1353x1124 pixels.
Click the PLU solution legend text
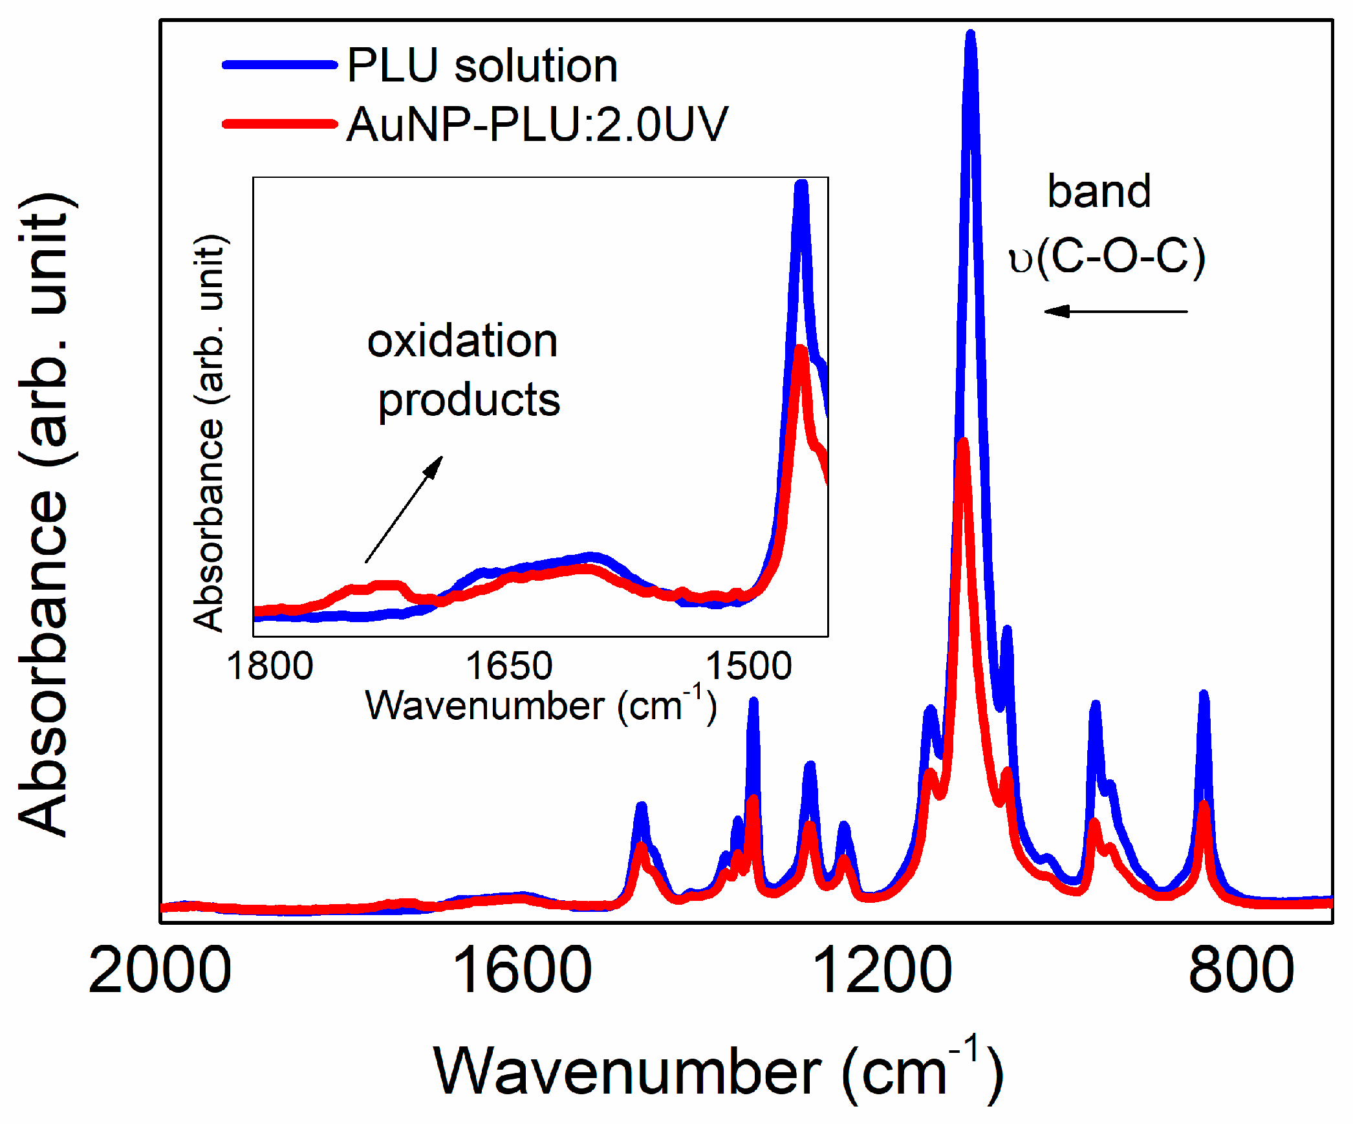(482, 65)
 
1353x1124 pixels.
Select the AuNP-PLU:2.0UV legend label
(537, 124)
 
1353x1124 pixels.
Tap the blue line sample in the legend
(279, 65)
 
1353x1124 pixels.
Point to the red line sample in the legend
(279, 124)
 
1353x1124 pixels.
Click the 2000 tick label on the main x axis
(160, 970)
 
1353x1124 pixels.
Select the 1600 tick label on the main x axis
(521, 970)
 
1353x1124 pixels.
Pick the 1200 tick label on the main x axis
(881, 970)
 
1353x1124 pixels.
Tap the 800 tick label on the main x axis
(1241, 970)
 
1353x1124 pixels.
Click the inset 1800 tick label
(270, 665)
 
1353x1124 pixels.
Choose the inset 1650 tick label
(509, 665)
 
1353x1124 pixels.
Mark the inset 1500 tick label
(748, 665)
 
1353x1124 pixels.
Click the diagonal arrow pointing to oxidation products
(404, 509)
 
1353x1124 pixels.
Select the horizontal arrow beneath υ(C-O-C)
(1116, 312)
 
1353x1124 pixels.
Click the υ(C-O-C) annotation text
(1107, 257)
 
